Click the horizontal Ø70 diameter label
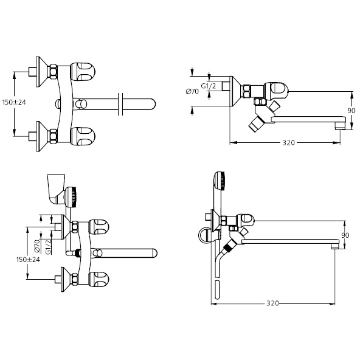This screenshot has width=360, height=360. coord(192,91)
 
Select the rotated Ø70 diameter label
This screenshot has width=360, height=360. coord(37,246)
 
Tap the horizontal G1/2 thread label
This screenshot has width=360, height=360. coord(209,86)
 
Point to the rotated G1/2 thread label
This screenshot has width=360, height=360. coord(48,247)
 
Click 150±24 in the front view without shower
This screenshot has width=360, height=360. coord(14,102)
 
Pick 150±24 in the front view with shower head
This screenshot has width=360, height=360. coord(28,260)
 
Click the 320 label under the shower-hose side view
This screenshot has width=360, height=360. coord(273,303)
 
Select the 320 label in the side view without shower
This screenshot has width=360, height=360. coord(289,143)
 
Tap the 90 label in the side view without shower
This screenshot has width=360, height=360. coord(351,111)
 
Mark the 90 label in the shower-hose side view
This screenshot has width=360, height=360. coord(345,235)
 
